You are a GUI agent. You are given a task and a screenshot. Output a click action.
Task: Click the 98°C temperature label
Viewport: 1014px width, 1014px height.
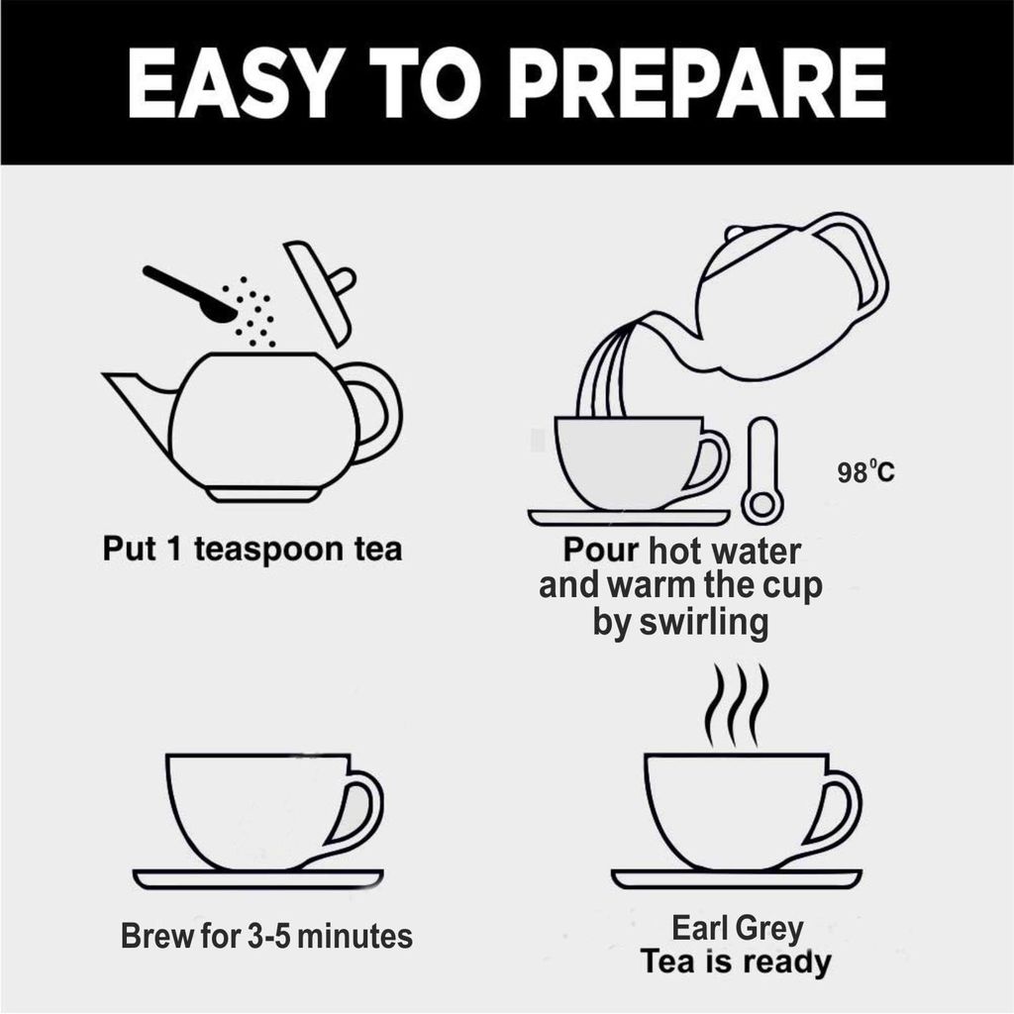coord(865,472)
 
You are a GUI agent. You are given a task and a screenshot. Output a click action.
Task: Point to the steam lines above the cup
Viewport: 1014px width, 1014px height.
coord(737,705)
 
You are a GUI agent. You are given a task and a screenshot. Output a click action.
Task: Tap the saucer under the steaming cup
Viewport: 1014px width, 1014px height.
coord(737,879)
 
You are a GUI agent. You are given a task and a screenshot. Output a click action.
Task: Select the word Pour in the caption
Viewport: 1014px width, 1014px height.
coord(600,550)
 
